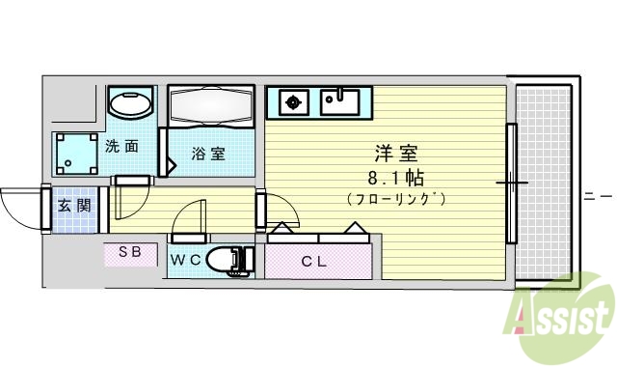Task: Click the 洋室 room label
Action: (x=395, y=155)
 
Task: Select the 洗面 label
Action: (x=121, y=147)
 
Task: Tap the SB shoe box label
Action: (x=130, y=253)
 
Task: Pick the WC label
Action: (x=185, y=260)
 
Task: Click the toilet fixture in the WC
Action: (x=229, y=260)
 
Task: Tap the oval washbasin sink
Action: (x=129, y=102)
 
